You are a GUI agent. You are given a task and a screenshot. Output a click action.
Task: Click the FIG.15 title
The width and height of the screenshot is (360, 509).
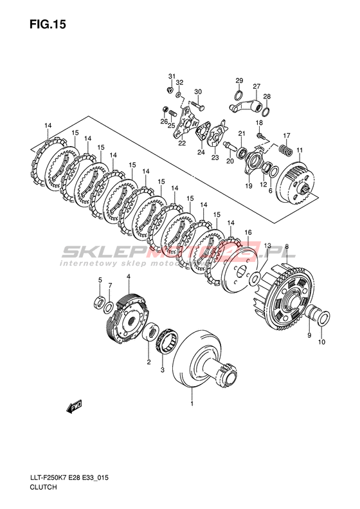pos(48,24)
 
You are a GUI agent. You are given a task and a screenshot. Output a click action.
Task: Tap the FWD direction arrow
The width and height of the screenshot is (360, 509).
pos(75,406)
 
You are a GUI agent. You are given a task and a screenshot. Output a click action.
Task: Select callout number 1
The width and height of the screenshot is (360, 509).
pos(192,404)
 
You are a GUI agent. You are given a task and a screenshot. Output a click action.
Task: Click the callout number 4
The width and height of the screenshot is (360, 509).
pos(129,276)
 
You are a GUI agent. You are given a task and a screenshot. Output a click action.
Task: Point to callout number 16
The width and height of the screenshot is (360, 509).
pos(248,232)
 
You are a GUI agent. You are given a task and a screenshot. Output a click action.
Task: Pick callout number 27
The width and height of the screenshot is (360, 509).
pos(256,86)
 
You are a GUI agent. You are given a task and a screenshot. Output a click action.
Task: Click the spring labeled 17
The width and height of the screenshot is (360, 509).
pos(285,150)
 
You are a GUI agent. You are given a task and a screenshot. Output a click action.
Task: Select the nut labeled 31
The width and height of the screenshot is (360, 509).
pos(169,90)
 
